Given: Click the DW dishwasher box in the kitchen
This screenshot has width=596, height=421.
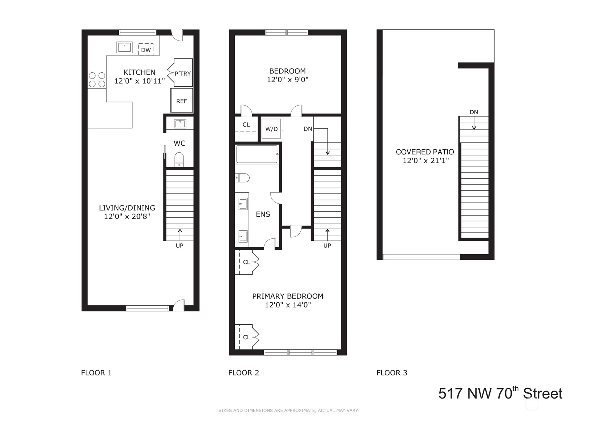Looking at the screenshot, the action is pos(146,50).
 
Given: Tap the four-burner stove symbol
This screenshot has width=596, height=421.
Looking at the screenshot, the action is pos(97,80).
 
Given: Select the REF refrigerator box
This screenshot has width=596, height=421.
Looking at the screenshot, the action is pos(182,101).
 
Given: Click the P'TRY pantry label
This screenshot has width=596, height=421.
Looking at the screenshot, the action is pos(182,73).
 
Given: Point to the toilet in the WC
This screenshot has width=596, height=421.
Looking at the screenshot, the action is pos(179,159).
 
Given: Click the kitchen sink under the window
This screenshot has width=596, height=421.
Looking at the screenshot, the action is pos(124,47).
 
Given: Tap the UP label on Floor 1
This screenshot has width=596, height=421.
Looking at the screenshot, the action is pos(179,246).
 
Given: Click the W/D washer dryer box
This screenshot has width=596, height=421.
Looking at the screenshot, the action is pos(271,129).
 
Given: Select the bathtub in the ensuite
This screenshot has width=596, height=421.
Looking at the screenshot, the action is pos(257,154).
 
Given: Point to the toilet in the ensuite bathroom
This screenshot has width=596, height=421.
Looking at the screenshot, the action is pos(242,178).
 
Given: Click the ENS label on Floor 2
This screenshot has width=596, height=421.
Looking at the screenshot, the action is pos(263,214).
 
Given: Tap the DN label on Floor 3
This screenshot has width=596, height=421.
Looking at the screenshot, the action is pos(474,112).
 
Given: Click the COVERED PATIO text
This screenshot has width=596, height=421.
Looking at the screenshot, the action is pos(425,152).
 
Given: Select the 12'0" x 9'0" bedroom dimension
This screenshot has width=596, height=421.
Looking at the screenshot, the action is pos(288,80).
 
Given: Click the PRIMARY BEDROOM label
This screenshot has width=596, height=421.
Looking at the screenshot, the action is pos(288,296).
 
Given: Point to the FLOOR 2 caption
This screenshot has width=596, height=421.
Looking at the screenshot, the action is pos(244,373).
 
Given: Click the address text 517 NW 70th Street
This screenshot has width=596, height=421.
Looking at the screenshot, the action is pos(500,393).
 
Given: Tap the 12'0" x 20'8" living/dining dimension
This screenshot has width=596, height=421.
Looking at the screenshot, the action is pos(127,217).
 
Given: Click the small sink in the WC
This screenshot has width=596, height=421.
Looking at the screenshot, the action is pos(180,124).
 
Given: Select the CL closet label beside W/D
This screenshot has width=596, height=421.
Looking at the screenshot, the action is pos(246,124).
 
